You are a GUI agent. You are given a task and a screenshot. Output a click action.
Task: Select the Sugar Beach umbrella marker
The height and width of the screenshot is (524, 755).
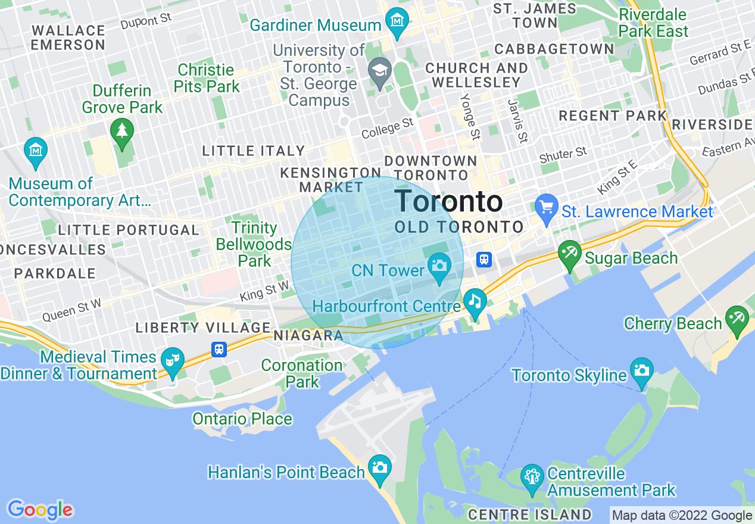pyautogui.click(x=570, y=253)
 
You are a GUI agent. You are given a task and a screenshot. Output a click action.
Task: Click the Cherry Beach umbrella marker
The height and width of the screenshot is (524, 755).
pyautogui.click(x=737, y=317)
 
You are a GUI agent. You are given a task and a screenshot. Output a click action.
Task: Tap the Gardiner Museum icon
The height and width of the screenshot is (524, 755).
pyautogui.click(x=396, y=20)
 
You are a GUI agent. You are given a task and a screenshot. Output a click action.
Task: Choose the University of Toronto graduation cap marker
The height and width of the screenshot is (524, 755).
pyautogui.click(x=379, y=70)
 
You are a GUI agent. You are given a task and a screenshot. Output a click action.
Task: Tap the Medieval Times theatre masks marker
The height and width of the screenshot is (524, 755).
pyautogui.click(x=173, y=360)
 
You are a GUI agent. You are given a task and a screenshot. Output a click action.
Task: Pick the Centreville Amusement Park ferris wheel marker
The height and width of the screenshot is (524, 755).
pyautogui.click(x=532, y=476)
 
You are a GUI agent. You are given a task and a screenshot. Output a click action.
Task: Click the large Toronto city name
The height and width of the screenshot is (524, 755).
pyautogui.click(x=448, y=201)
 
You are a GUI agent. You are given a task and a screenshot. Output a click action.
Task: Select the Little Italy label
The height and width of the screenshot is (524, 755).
pyautogui.click(x=254, y=151)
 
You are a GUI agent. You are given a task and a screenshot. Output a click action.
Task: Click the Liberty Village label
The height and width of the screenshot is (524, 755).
pyautogui.click(x=203, y=327)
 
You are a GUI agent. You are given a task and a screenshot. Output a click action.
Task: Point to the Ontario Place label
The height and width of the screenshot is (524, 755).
pyautogui.click(x=242, y=419)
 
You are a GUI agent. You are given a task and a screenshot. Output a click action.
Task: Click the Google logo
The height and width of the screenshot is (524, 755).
pyautogui.click(x=40, y=510)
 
